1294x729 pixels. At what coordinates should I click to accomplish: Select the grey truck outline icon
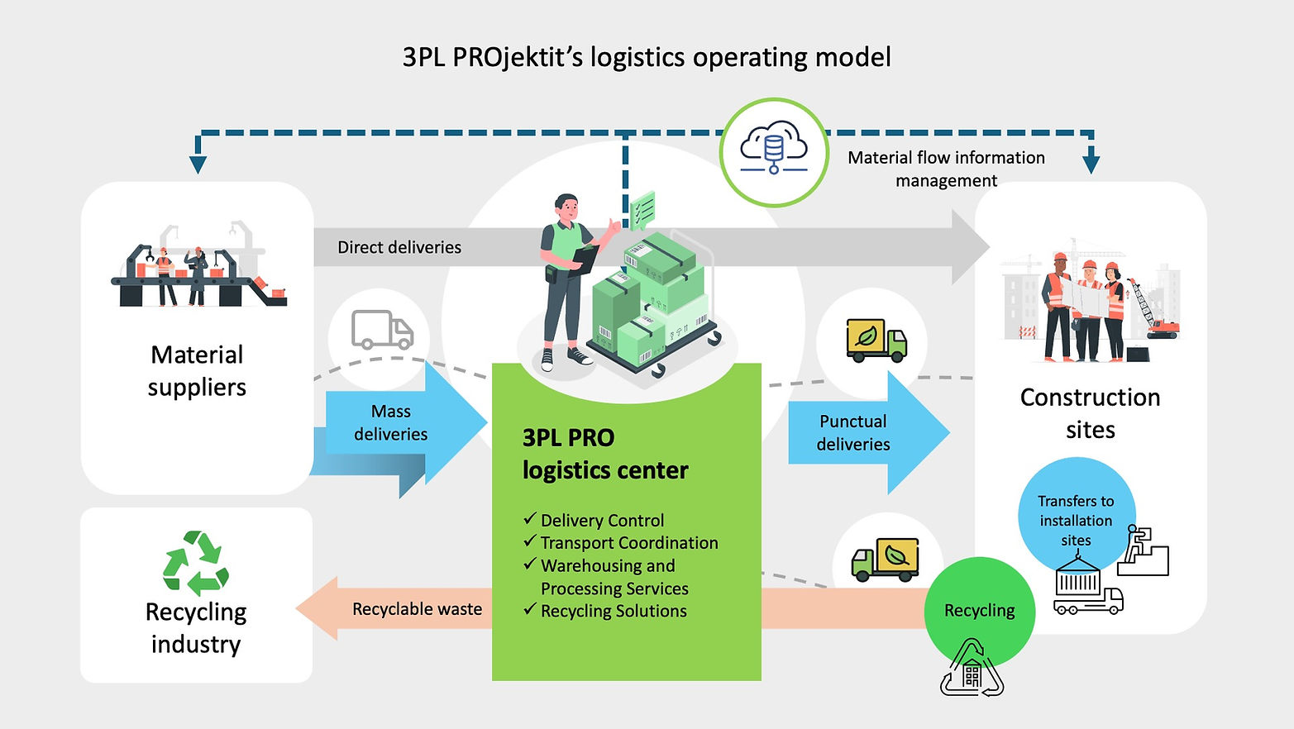pos(381,330)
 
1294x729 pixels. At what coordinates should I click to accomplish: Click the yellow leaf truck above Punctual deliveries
pos(876,341)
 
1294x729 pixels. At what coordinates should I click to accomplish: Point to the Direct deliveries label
pos(399,247)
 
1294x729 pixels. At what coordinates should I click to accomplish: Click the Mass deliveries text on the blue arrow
pos(391,422)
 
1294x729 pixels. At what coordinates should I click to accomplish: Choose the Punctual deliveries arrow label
pos(852,432)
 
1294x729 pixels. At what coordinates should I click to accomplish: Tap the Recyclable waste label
pos(417,609)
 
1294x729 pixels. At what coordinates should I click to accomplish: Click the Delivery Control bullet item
pos(601,521)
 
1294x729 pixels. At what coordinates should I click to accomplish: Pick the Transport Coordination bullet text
pos(628,543)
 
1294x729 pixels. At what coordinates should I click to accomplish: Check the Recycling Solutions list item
pos(613,611)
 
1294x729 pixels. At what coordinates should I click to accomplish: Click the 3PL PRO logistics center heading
pos(604,454)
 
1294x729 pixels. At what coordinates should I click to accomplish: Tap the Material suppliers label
pos(197,370)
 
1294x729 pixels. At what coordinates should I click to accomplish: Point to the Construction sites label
pos(1090,413)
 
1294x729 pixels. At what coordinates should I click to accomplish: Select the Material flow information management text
pos(946,169)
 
